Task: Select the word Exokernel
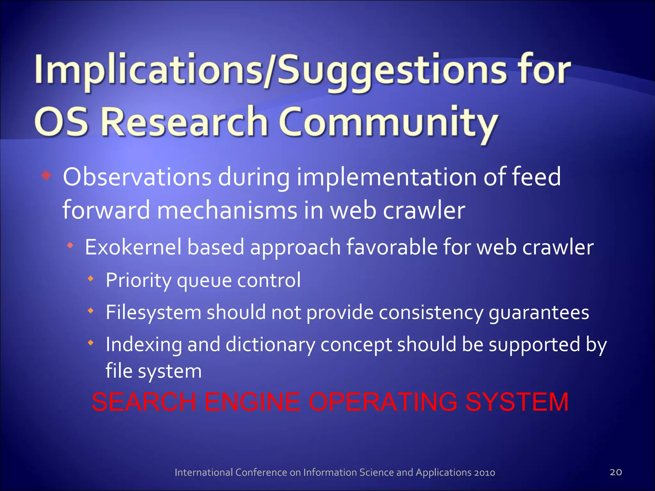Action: tap(133, 247)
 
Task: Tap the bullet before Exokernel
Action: tap(70, 245)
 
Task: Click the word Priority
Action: tap(138, 280)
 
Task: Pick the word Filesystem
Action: tap(153, 312)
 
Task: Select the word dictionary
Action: tap(270, 345)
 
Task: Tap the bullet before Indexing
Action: tap(91, 343)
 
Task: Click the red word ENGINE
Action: tap(252, 402)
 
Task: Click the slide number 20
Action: tap(616, 472)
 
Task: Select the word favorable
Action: tap(391, 247)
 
